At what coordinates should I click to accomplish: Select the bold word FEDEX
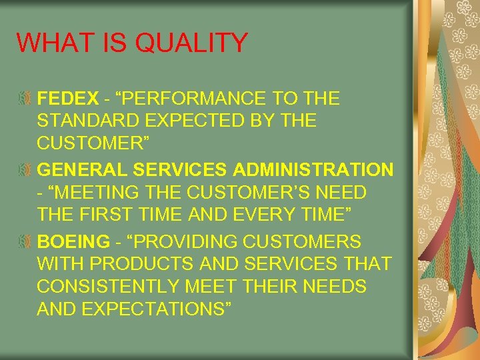click(x=67, y=99)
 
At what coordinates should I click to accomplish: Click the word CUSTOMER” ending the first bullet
click(x=93, y=144)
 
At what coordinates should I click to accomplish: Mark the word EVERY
click(x=257, y=215)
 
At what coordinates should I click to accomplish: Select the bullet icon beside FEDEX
click(x=24, y=99)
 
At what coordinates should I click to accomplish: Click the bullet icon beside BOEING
click(x=24, y=241)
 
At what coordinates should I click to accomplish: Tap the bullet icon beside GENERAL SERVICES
click(x=24, y=170)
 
